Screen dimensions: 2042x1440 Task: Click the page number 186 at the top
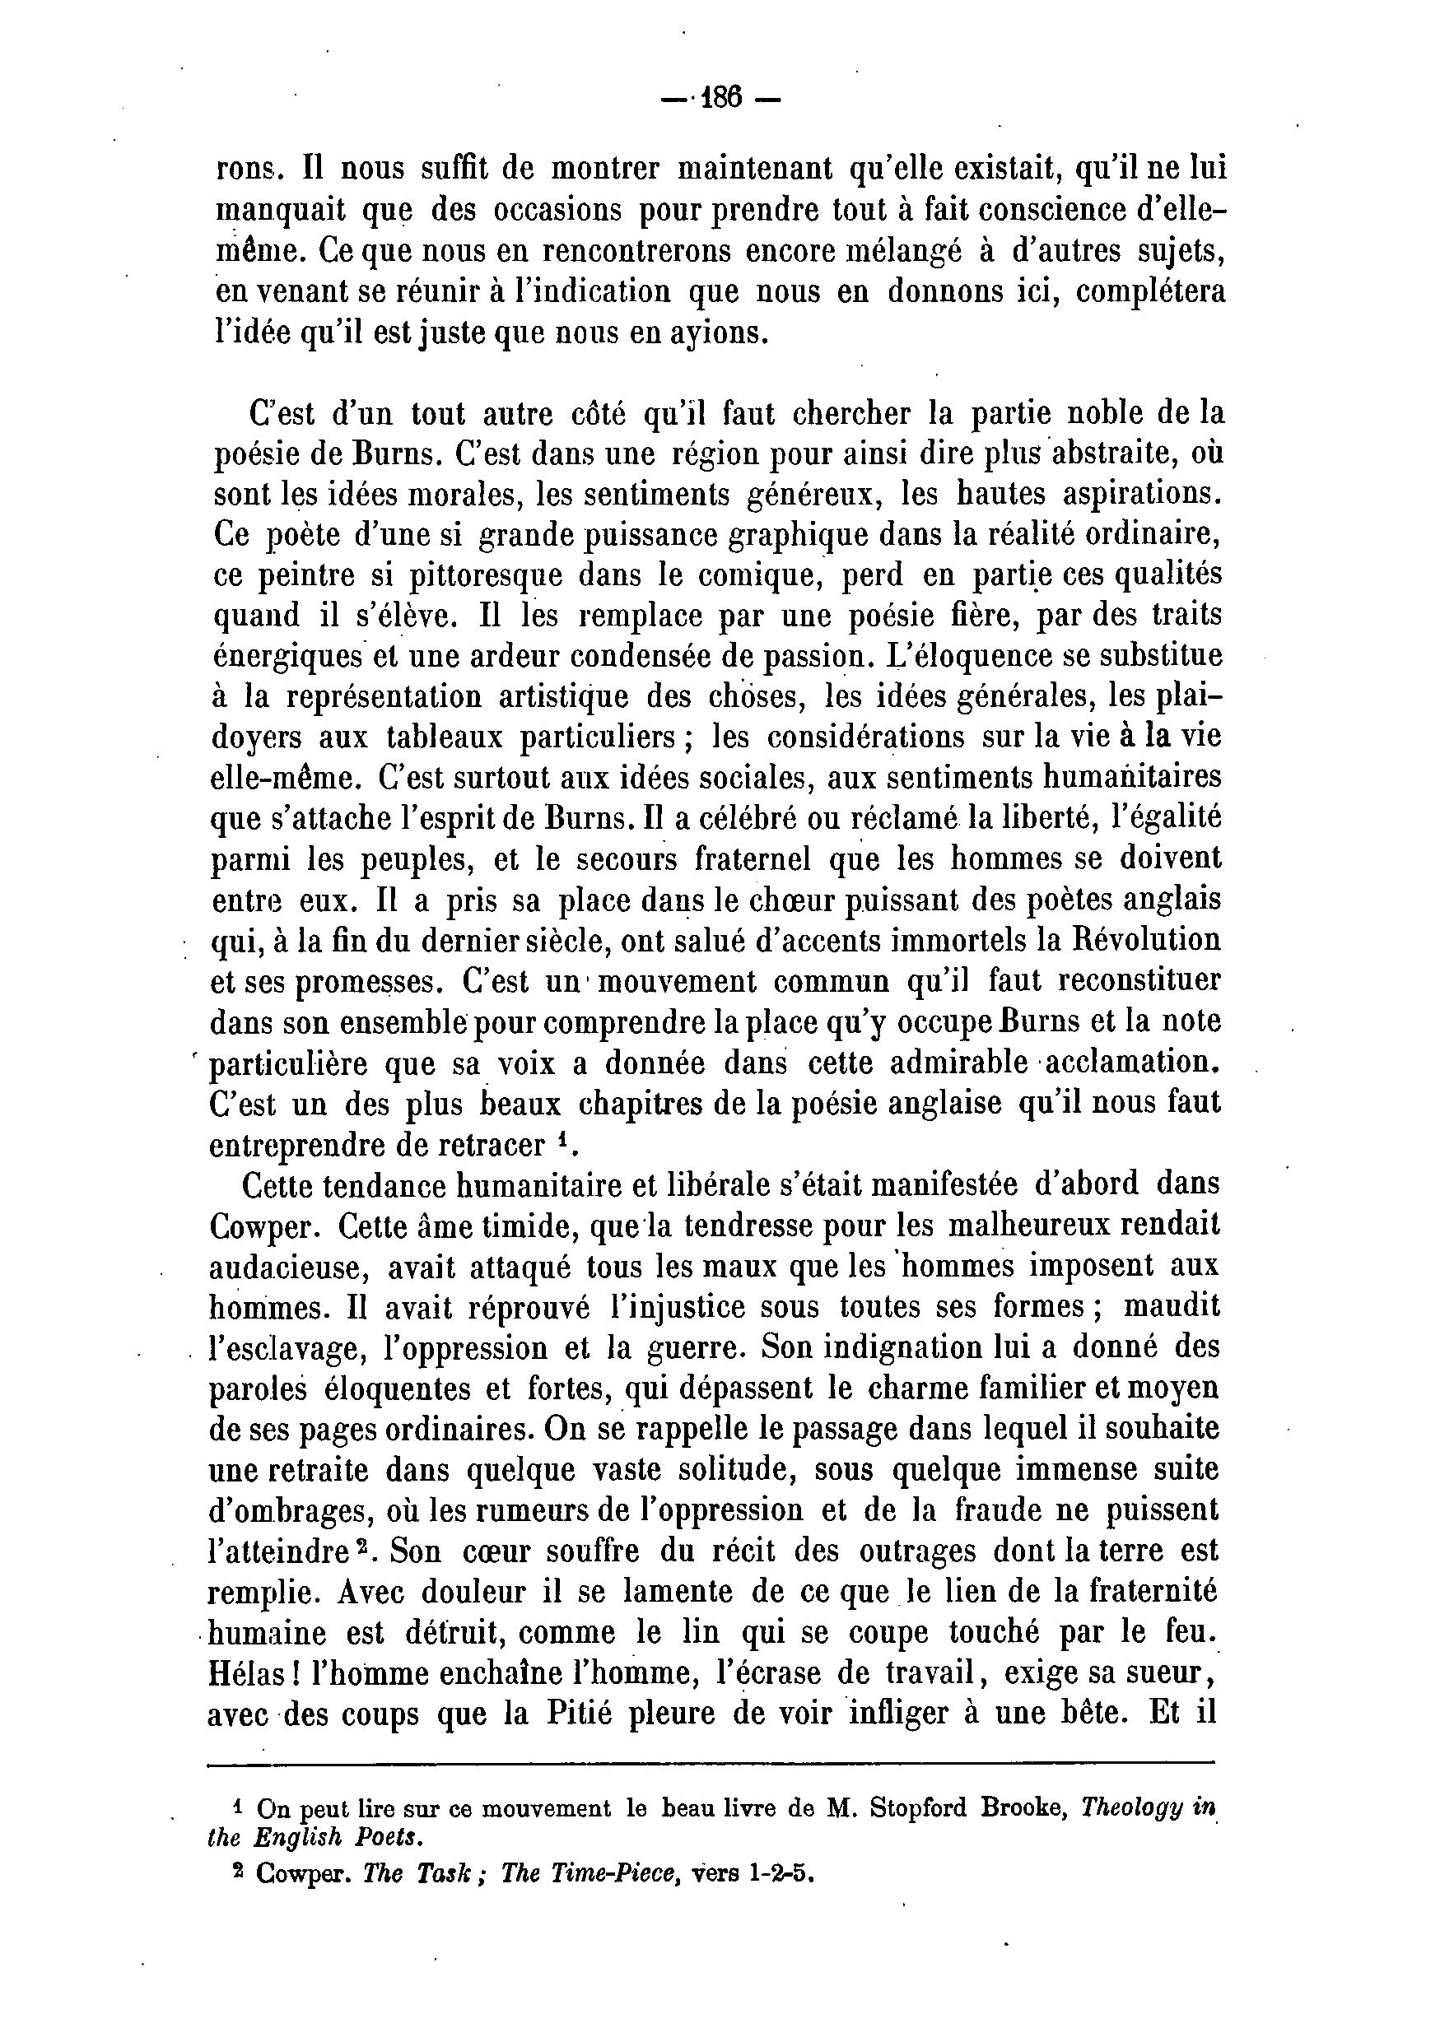[x=720, y=97]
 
